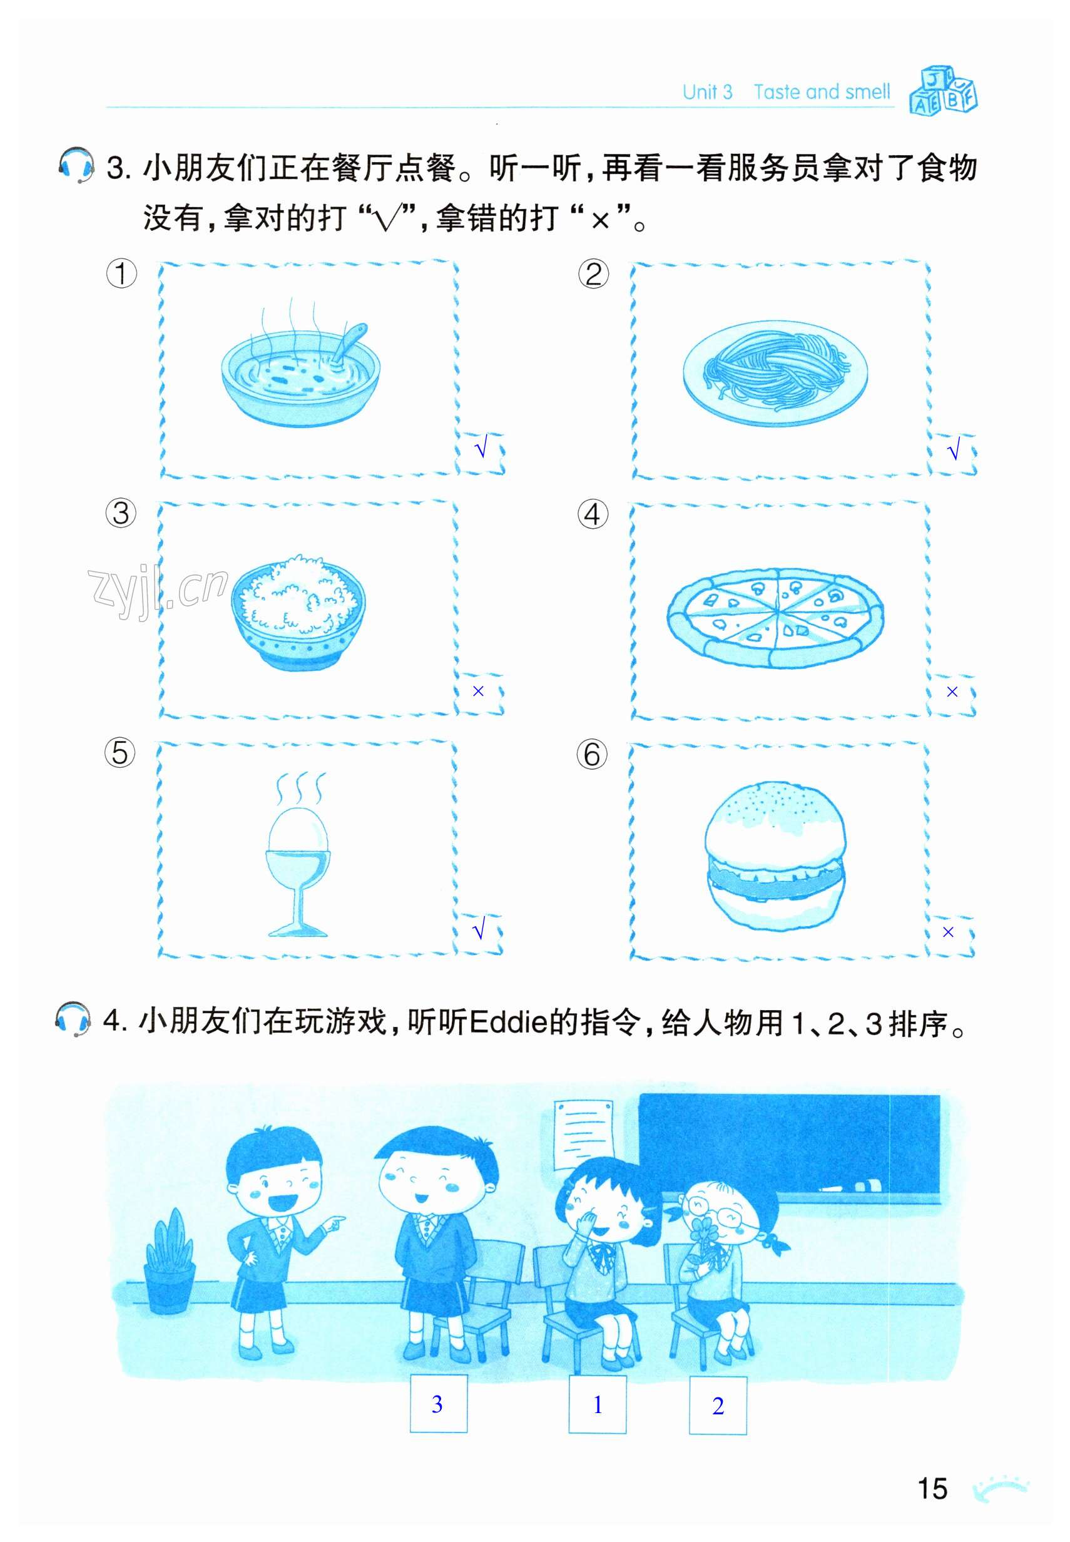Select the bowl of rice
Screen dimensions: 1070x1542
(298, 611)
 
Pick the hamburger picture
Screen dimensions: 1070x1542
(775, 855)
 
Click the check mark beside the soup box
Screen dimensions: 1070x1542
(481, 448)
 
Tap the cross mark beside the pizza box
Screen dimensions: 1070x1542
(952, 692)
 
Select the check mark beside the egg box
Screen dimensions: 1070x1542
(479, 930)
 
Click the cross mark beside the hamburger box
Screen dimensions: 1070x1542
(948, 932)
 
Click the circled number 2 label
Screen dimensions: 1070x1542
(593, 274)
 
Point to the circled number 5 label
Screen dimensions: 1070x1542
(120, 753)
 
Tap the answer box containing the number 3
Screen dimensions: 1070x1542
(439, 1404)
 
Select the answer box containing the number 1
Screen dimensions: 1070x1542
(598, 1404)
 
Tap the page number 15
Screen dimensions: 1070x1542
(932, 1488)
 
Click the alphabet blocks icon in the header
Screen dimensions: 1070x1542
(944, 90)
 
